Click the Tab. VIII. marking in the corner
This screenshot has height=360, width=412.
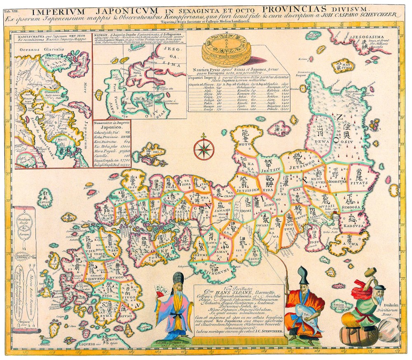click(x=11, y=6)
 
